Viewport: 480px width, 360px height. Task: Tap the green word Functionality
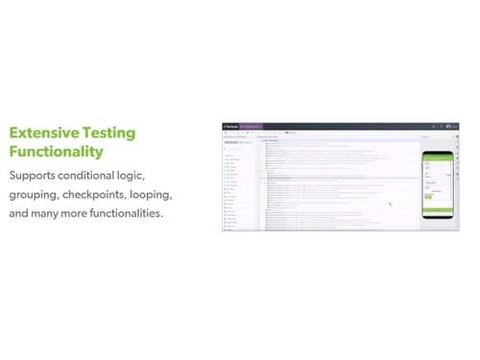point(56,152)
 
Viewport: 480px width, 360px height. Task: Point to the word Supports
point(32,176)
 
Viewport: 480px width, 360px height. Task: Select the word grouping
point(34,195)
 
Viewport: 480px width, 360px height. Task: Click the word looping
point(151,195)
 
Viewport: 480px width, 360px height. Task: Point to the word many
point(45,213)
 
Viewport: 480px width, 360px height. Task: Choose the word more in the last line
point(75,213)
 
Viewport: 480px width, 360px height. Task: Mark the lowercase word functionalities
point(126,213)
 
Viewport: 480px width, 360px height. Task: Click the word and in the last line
point(18,213)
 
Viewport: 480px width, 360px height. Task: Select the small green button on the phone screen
point(428,197)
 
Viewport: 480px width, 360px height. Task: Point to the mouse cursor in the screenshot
point(390,204)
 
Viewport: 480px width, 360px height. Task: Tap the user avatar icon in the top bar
point(448,126)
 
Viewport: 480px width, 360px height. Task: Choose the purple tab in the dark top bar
point(251,126)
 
